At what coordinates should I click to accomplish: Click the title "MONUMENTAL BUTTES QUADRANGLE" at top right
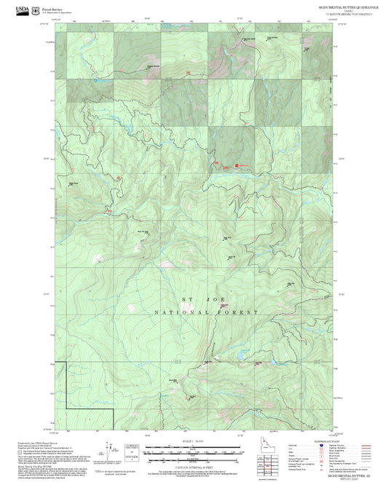[345, 6]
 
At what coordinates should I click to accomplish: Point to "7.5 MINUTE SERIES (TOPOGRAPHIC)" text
[345, 14]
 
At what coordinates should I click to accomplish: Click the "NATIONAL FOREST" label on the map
[206, 312]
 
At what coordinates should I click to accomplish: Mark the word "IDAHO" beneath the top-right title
[345, 10]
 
